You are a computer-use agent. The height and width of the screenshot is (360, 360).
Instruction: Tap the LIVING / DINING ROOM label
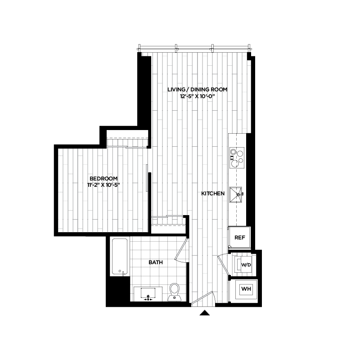point(197,90)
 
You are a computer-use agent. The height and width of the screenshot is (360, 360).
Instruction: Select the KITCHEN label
point(213,193)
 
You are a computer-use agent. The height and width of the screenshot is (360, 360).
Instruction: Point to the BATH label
point(156,262)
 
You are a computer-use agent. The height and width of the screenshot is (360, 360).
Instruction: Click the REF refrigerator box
point(239,237)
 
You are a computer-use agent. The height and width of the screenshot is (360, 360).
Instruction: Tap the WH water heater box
point(246,289)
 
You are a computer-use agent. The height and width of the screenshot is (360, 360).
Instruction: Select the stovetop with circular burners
point(236,156)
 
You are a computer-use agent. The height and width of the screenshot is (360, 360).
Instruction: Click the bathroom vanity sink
point(148,293)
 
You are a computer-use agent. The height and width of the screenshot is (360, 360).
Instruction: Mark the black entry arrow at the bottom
point(205,313)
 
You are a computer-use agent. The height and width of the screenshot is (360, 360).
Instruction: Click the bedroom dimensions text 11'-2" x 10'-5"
point(104,185)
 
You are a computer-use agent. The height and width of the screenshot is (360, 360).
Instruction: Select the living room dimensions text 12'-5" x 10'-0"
point(198,96)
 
